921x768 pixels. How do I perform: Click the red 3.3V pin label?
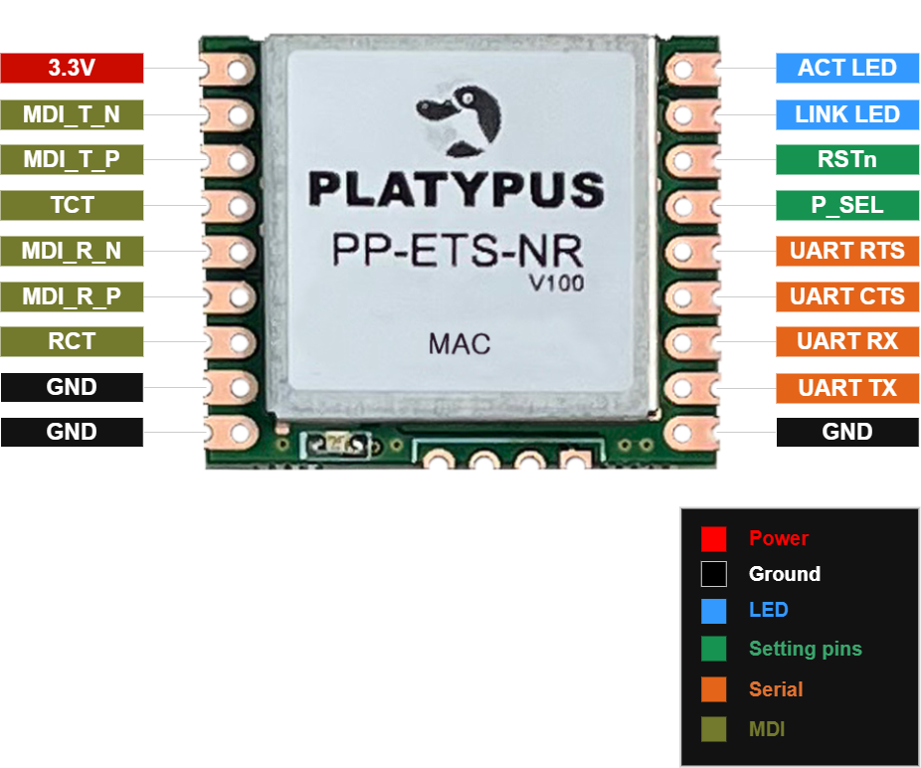coord(72,69)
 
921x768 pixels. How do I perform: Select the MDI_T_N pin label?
coord(72,114)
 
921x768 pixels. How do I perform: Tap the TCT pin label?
coord(72,206)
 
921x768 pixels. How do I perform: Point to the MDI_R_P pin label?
coord(72,296)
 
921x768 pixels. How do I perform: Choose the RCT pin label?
coord(72,342)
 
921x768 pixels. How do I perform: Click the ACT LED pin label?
coord(847,69)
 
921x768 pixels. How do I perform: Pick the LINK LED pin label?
coord(847,114)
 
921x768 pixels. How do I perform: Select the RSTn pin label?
coord(847,160)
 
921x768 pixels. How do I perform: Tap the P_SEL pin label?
coord(847,206)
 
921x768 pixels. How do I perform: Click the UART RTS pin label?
coord(847,251)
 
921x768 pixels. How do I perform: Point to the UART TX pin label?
coord(847,388)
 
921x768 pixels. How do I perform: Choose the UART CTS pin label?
coord(847,296)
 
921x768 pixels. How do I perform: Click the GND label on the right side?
coord(847,432)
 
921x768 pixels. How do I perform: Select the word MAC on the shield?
coord(460,345)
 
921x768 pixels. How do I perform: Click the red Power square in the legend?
coord(713,539)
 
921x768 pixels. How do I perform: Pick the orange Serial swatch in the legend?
coord(713,689)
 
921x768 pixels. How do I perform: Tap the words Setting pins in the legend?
coord(805,650)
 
